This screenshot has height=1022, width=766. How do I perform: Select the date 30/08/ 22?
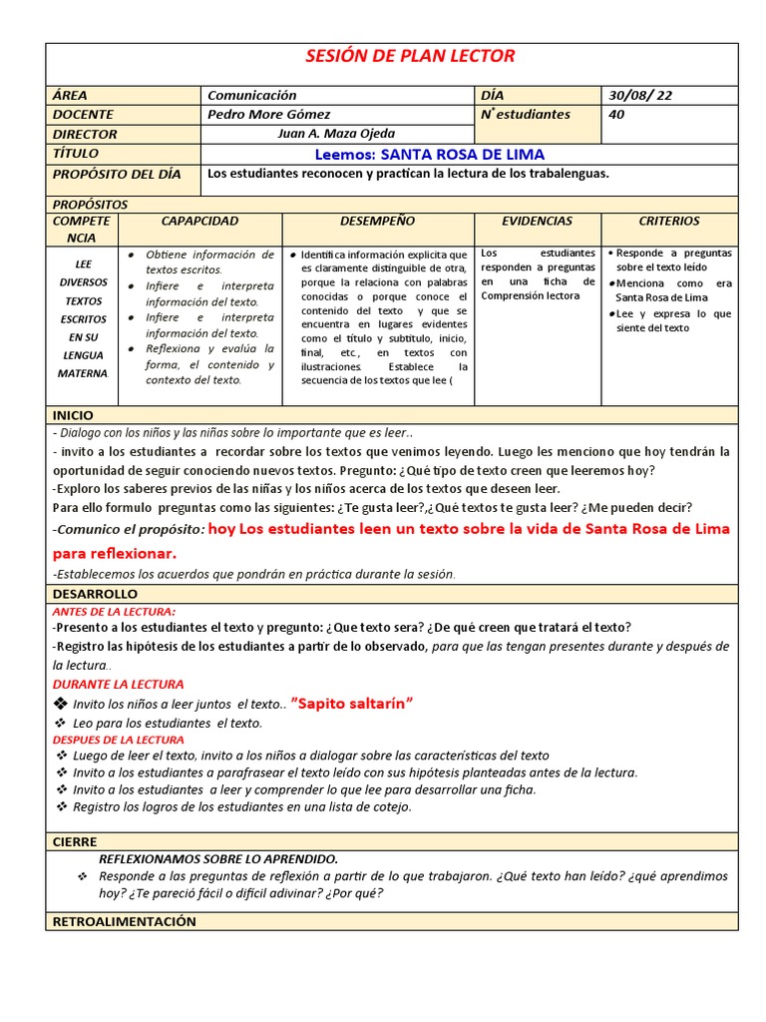(x=640, y=95)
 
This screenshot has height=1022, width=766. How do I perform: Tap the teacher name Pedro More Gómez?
(x=268, y=114)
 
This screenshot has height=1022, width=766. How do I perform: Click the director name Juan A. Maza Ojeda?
(x=334, y=134)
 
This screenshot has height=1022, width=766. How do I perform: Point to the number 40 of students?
(x=616, y=114)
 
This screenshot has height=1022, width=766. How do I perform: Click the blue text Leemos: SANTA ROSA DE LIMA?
(x=429, y=154)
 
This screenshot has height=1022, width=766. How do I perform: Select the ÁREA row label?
(x=70, y=95)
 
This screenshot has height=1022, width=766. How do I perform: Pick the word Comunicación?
(x=251, y=95)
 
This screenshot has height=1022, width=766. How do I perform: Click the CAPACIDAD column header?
(x=199, y=221)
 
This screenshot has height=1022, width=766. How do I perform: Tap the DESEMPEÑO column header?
(x=377, y=221)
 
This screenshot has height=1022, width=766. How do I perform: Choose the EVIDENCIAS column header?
(x=537, y=221)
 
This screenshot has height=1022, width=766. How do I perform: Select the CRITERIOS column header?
(x=669, y=221)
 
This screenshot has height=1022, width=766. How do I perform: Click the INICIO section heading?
(x=73, y=414)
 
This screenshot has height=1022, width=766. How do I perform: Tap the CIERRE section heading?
(x=75, y=841)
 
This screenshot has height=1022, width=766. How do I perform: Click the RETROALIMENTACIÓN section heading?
(x=124, y=921)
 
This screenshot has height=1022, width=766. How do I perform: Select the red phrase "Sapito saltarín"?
(x=352, y=705)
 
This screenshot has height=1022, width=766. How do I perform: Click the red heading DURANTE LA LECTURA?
(x=118, y=684)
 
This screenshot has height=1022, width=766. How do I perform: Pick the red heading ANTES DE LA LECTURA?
(x=114, y=611)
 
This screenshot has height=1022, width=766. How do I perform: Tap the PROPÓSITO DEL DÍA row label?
(x=116, y=174)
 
